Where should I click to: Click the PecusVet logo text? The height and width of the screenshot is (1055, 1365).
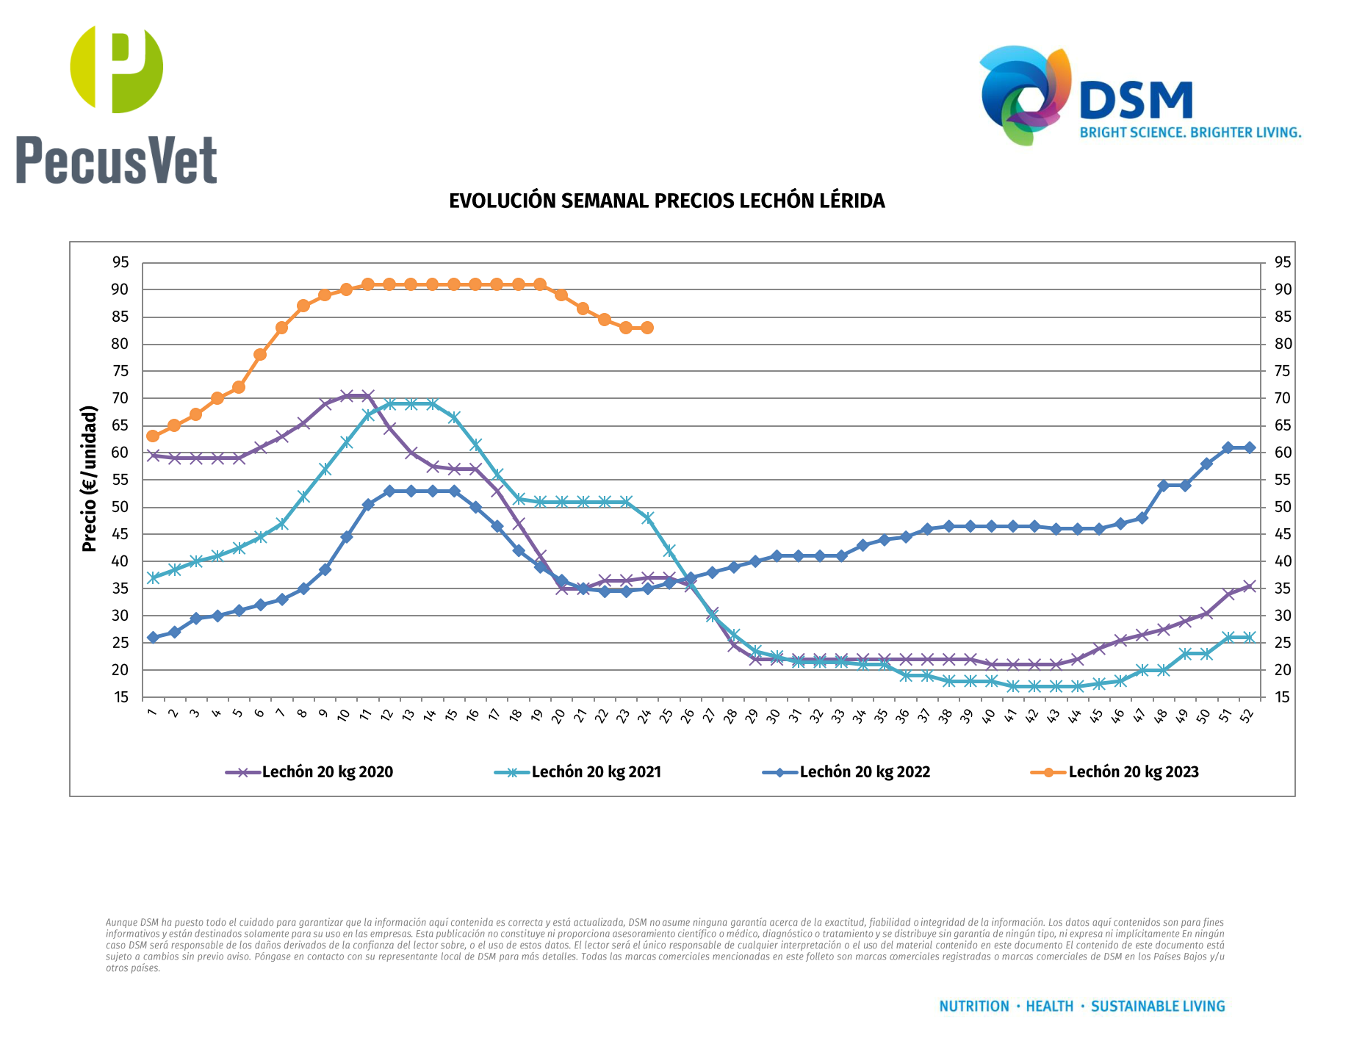coord(116,160)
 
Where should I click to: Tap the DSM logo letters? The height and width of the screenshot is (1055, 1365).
coord(1136,101)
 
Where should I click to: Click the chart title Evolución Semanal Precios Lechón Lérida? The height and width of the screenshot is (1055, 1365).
coord(666,201)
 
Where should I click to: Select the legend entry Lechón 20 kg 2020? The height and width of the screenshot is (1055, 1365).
coord(327,772)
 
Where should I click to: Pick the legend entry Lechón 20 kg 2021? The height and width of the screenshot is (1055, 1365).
coord(596,772)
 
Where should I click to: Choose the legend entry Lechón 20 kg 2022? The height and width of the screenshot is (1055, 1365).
coord(865,772)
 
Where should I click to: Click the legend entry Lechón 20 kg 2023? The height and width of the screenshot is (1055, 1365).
coord(1133,772)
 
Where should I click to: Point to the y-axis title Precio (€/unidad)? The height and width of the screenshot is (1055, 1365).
coord(90,478)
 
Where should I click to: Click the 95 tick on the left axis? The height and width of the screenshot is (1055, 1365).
coord(120,263)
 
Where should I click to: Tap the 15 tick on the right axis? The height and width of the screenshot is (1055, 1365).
coord(1283,697)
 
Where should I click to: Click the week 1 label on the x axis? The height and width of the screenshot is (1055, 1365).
coord(152,712)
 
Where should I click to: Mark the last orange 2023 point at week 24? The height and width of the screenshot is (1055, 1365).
coord(647,328)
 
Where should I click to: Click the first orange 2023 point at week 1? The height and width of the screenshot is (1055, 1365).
coord(153,436)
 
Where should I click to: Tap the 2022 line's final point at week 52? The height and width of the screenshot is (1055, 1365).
coord(1249,447)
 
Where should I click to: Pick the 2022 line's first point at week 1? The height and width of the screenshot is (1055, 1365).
coord(153,638)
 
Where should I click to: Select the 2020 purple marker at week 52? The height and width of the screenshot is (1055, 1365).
coord(1249,586)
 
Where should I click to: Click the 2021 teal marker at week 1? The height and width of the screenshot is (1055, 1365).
coord(153,578)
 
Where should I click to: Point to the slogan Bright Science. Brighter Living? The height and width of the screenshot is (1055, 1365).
coord(1190,133)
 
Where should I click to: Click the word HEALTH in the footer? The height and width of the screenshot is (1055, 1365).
coord(1049,1007)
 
